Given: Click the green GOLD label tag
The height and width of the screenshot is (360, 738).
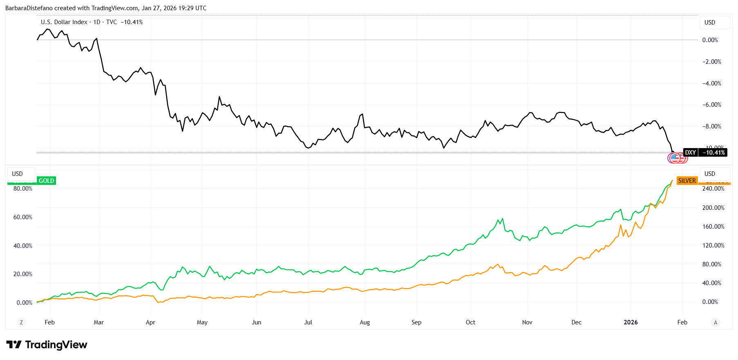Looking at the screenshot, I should [x=46, y=181].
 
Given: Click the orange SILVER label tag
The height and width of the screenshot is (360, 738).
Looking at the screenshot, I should [x=687, y=181].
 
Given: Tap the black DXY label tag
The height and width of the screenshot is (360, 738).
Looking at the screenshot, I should [x=691, y=153].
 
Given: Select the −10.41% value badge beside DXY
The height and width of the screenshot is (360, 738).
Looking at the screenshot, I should [x=713, y=153].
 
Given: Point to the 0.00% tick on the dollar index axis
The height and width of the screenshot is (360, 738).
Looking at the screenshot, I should [x=710, y=40].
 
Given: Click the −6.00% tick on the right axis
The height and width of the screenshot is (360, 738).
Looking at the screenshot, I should [x=711, y=105].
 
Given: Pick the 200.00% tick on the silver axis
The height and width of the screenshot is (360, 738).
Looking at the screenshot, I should [x=713, y=208].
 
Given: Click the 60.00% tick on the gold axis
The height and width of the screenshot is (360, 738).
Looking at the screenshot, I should [x=23, y=217].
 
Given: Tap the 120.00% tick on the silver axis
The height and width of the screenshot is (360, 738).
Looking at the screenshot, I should [x=713, y=245].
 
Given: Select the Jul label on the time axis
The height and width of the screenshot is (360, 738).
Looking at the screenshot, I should [x=308, y=322].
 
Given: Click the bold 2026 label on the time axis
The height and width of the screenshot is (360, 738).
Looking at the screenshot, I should [x=630, y=322].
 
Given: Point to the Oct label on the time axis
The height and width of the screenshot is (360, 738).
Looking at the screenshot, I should [x=470, y=322].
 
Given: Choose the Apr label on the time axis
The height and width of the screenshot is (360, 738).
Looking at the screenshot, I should [x=151, y=322].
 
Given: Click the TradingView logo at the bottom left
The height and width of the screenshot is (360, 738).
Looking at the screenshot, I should [x=47, y=345].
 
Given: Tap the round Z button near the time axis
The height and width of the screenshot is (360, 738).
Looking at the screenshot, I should [x=21, y=322].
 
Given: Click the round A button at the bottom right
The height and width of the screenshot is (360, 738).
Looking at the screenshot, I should [x=715, y=322].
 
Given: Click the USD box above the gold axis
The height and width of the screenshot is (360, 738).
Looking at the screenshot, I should [x=18, y=174].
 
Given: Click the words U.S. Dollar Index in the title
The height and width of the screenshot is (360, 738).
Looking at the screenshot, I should [x=64, y=22].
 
